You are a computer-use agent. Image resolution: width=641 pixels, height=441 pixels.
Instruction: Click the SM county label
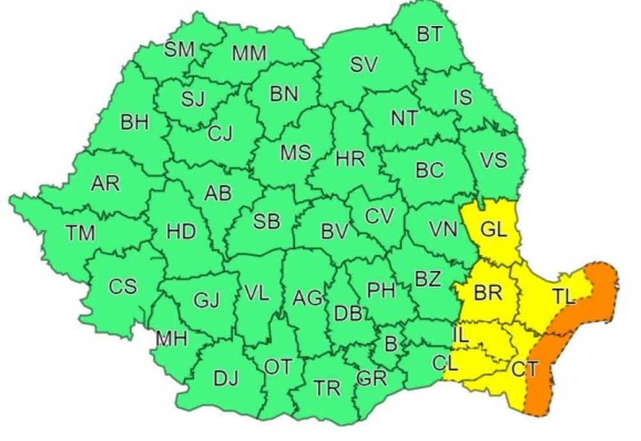click(179, 51)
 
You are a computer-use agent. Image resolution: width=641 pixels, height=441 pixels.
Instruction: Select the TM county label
click(81, 233)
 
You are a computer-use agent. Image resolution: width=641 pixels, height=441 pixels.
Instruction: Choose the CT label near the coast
click(524, 369)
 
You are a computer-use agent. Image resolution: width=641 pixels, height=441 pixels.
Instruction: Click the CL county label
click(444, 363)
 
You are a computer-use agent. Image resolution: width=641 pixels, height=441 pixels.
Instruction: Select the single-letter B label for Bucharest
click(390, 344)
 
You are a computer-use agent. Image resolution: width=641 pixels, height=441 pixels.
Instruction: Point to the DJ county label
click(225, 379)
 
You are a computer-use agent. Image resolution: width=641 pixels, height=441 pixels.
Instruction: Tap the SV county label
click(363, 64)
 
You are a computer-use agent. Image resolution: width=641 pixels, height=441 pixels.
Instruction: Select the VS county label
click(494, 160)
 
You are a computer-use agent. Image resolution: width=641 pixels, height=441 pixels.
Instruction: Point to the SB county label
click(266, 222)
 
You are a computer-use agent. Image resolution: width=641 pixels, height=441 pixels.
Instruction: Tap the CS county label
click(122, 286)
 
